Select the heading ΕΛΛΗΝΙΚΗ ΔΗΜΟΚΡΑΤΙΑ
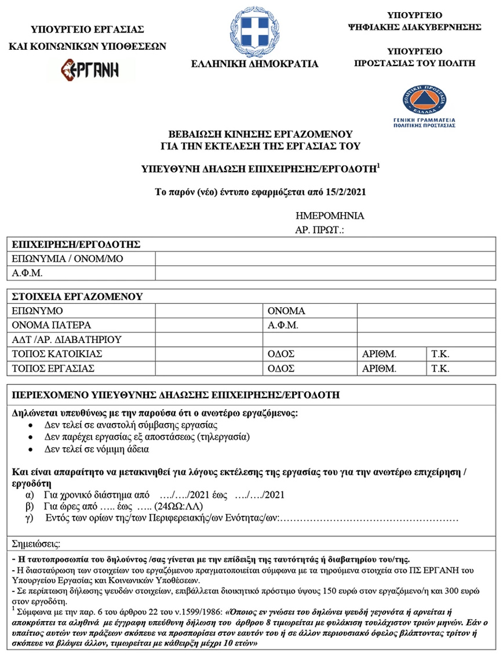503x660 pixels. tap(255, 64)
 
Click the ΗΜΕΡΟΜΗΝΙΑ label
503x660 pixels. tap(330, 216)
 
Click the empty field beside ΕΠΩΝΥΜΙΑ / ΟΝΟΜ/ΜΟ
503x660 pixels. tap(325, 258)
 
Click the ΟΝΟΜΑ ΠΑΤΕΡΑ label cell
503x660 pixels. tap(52, 325)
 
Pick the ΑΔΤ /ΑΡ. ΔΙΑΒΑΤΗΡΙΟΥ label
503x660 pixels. tap(67, 340)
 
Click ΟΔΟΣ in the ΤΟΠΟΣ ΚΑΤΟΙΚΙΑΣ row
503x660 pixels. tap(281, 354)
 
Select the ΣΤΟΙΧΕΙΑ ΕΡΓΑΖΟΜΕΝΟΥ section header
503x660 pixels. tap(77, 297)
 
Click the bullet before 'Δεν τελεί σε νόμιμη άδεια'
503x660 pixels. tap(31, 449)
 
